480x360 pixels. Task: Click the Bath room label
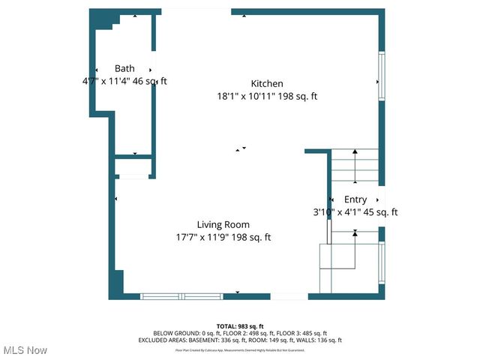[x=124, y=68]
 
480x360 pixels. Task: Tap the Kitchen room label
[x=267, y=83]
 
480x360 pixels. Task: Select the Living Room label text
[x=223, y=224]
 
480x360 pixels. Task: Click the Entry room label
[x=355, y=199]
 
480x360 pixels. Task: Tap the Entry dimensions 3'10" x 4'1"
[x=355, y=212]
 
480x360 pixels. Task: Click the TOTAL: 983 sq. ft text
[x=239, y=325]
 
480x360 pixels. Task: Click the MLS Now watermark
[x=25, y=350]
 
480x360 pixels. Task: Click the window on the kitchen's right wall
[x=381, y=76]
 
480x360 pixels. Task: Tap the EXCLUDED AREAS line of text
[x=239, y=340]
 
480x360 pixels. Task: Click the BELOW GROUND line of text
[x=239, y=333]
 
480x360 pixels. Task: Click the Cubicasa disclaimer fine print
[x=239, y=349]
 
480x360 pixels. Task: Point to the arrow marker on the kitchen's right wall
[x=376, y=81]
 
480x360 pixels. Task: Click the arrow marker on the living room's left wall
[x=116, y=199]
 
